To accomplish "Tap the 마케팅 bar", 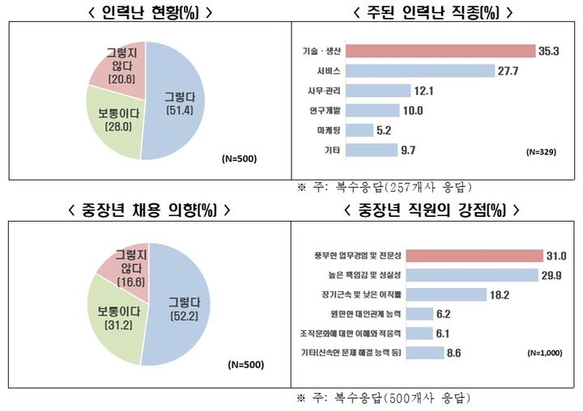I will pyautogui.click(x=361, y=129).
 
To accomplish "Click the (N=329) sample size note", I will pyautogui.click(x=541, y=152).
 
